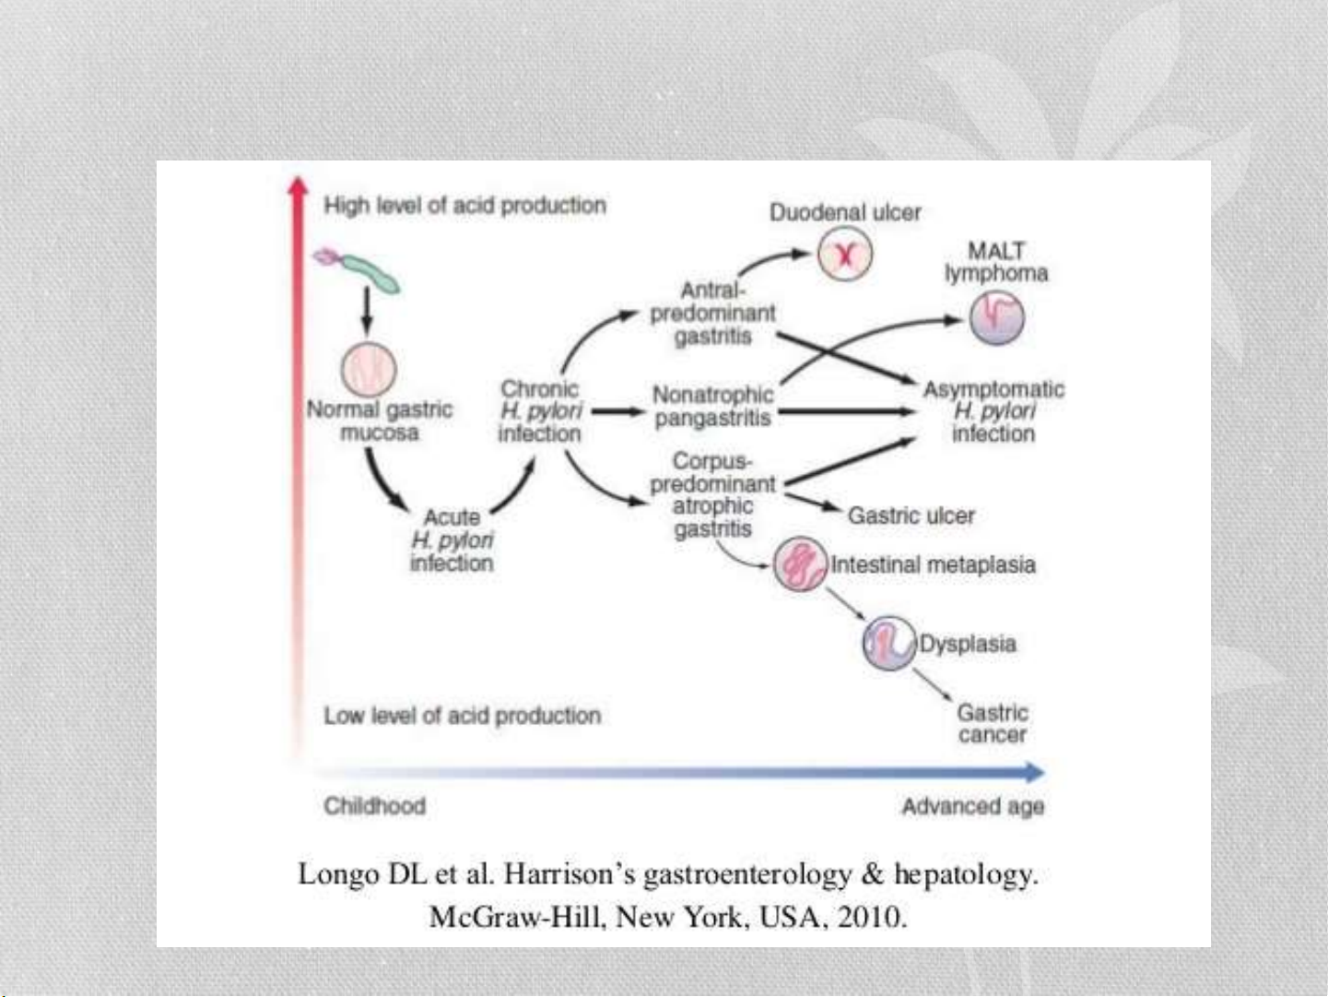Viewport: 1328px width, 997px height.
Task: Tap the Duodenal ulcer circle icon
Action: pos(844,255)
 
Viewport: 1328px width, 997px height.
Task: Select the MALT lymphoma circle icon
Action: pos(996,318)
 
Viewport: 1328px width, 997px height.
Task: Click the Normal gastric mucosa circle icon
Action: pos(369,369)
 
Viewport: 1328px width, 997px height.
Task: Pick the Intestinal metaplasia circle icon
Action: pos(801,564)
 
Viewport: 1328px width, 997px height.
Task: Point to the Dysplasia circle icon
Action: pos(889,643)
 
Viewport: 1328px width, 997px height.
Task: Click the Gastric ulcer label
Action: pos(911,516)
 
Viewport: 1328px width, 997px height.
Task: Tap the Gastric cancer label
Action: pos(993,723)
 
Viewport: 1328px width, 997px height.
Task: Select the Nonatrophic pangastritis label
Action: pos(712,406)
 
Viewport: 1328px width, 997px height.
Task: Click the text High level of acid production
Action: pos(464,206)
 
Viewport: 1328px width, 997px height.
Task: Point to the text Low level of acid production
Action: pos(463,716)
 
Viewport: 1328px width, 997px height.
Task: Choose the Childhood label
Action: pos(374,806)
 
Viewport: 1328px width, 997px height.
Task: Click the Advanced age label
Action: pos(973,806)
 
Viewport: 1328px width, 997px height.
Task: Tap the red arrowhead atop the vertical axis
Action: pos(297,185)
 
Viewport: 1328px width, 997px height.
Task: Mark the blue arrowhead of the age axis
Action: pos(1035,772)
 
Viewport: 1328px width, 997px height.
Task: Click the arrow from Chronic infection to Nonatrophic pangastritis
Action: pos(617,411)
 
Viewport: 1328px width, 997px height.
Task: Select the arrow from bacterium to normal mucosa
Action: pos(366,311)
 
